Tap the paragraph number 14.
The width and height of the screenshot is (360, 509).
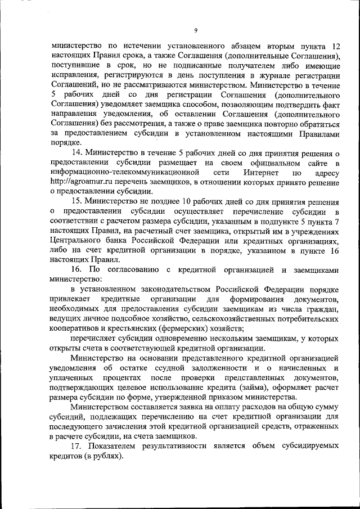click(x=76, y=152)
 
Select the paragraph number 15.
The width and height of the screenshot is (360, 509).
click(x=76, y=202)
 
